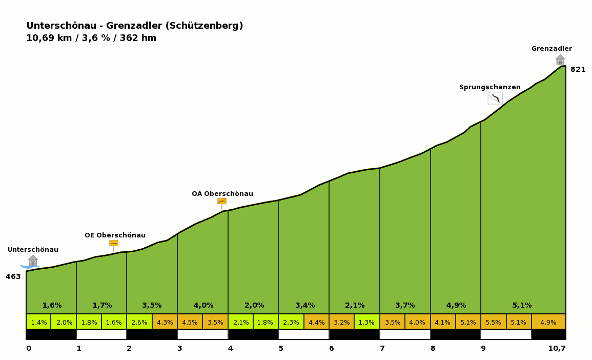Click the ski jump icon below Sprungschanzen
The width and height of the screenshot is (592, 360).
(x=495, y=98)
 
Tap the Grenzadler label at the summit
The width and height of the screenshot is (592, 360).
(x=552, y=49)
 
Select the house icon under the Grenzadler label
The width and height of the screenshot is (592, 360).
(x=560, y=59)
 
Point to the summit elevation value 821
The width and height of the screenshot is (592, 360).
(x=578, y=70)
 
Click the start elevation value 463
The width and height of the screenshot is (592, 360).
(x=13, y=277)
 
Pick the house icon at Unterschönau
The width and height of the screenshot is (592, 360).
(x=33, y=261)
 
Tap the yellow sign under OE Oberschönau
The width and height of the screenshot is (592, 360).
(x=114, y=243)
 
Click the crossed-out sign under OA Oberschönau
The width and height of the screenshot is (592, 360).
(x=222, y=201)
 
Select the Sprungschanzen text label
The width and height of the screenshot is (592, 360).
(x=489, y=87)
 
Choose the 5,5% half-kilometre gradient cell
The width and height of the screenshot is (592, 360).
(x=493, y=323)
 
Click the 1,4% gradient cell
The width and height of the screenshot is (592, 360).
(x=38, y=323)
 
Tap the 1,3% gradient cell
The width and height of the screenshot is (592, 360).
(x=366, y=323)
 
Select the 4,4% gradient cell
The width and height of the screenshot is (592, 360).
(x=316, y=323)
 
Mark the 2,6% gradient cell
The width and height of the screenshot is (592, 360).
(x=139, y=323)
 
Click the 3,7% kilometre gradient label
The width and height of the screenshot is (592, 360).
(x=405, y=306)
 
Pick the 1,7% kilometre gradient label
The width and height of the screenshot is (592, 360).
(x=102, y=306)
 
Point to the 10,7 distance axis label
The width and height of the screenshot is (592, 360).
(x=557, y=349)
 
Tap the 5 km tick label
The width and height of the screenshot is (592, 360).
(x=281, y=349)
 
